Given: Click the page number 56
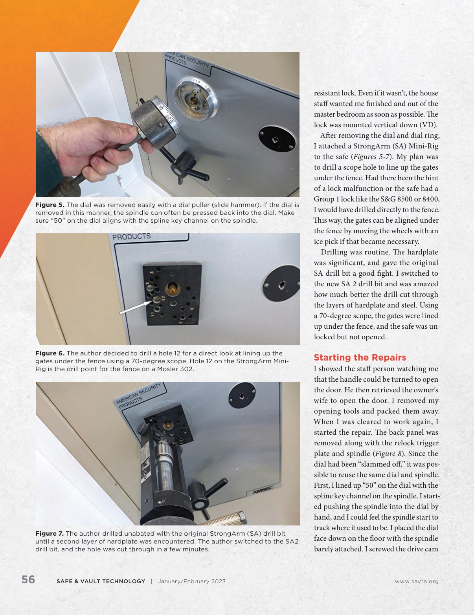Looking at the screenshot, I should (28, 580).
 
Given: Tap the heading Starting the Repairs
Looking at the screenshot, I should (360, 357).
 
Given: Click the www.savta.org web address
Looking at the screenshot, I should (417, 581).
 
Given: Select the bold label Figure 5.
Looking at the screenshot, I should (50, 205).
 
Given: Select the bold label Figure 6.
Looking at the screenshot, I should (50, 353).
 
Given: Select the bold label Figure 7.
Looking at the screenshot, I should (50, 534).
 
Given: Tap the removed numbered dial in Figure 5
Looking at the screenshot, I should (153, 120).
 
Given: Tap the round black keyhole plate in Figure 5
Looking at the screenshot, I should (277, 139).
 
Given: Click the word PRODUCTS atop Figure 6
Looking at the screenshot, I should (131, 237).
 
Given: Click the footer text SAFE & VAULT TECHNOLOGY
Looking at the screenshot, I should (101, 581).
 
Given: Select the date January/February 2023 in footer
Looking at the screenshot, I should (192, 581).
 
